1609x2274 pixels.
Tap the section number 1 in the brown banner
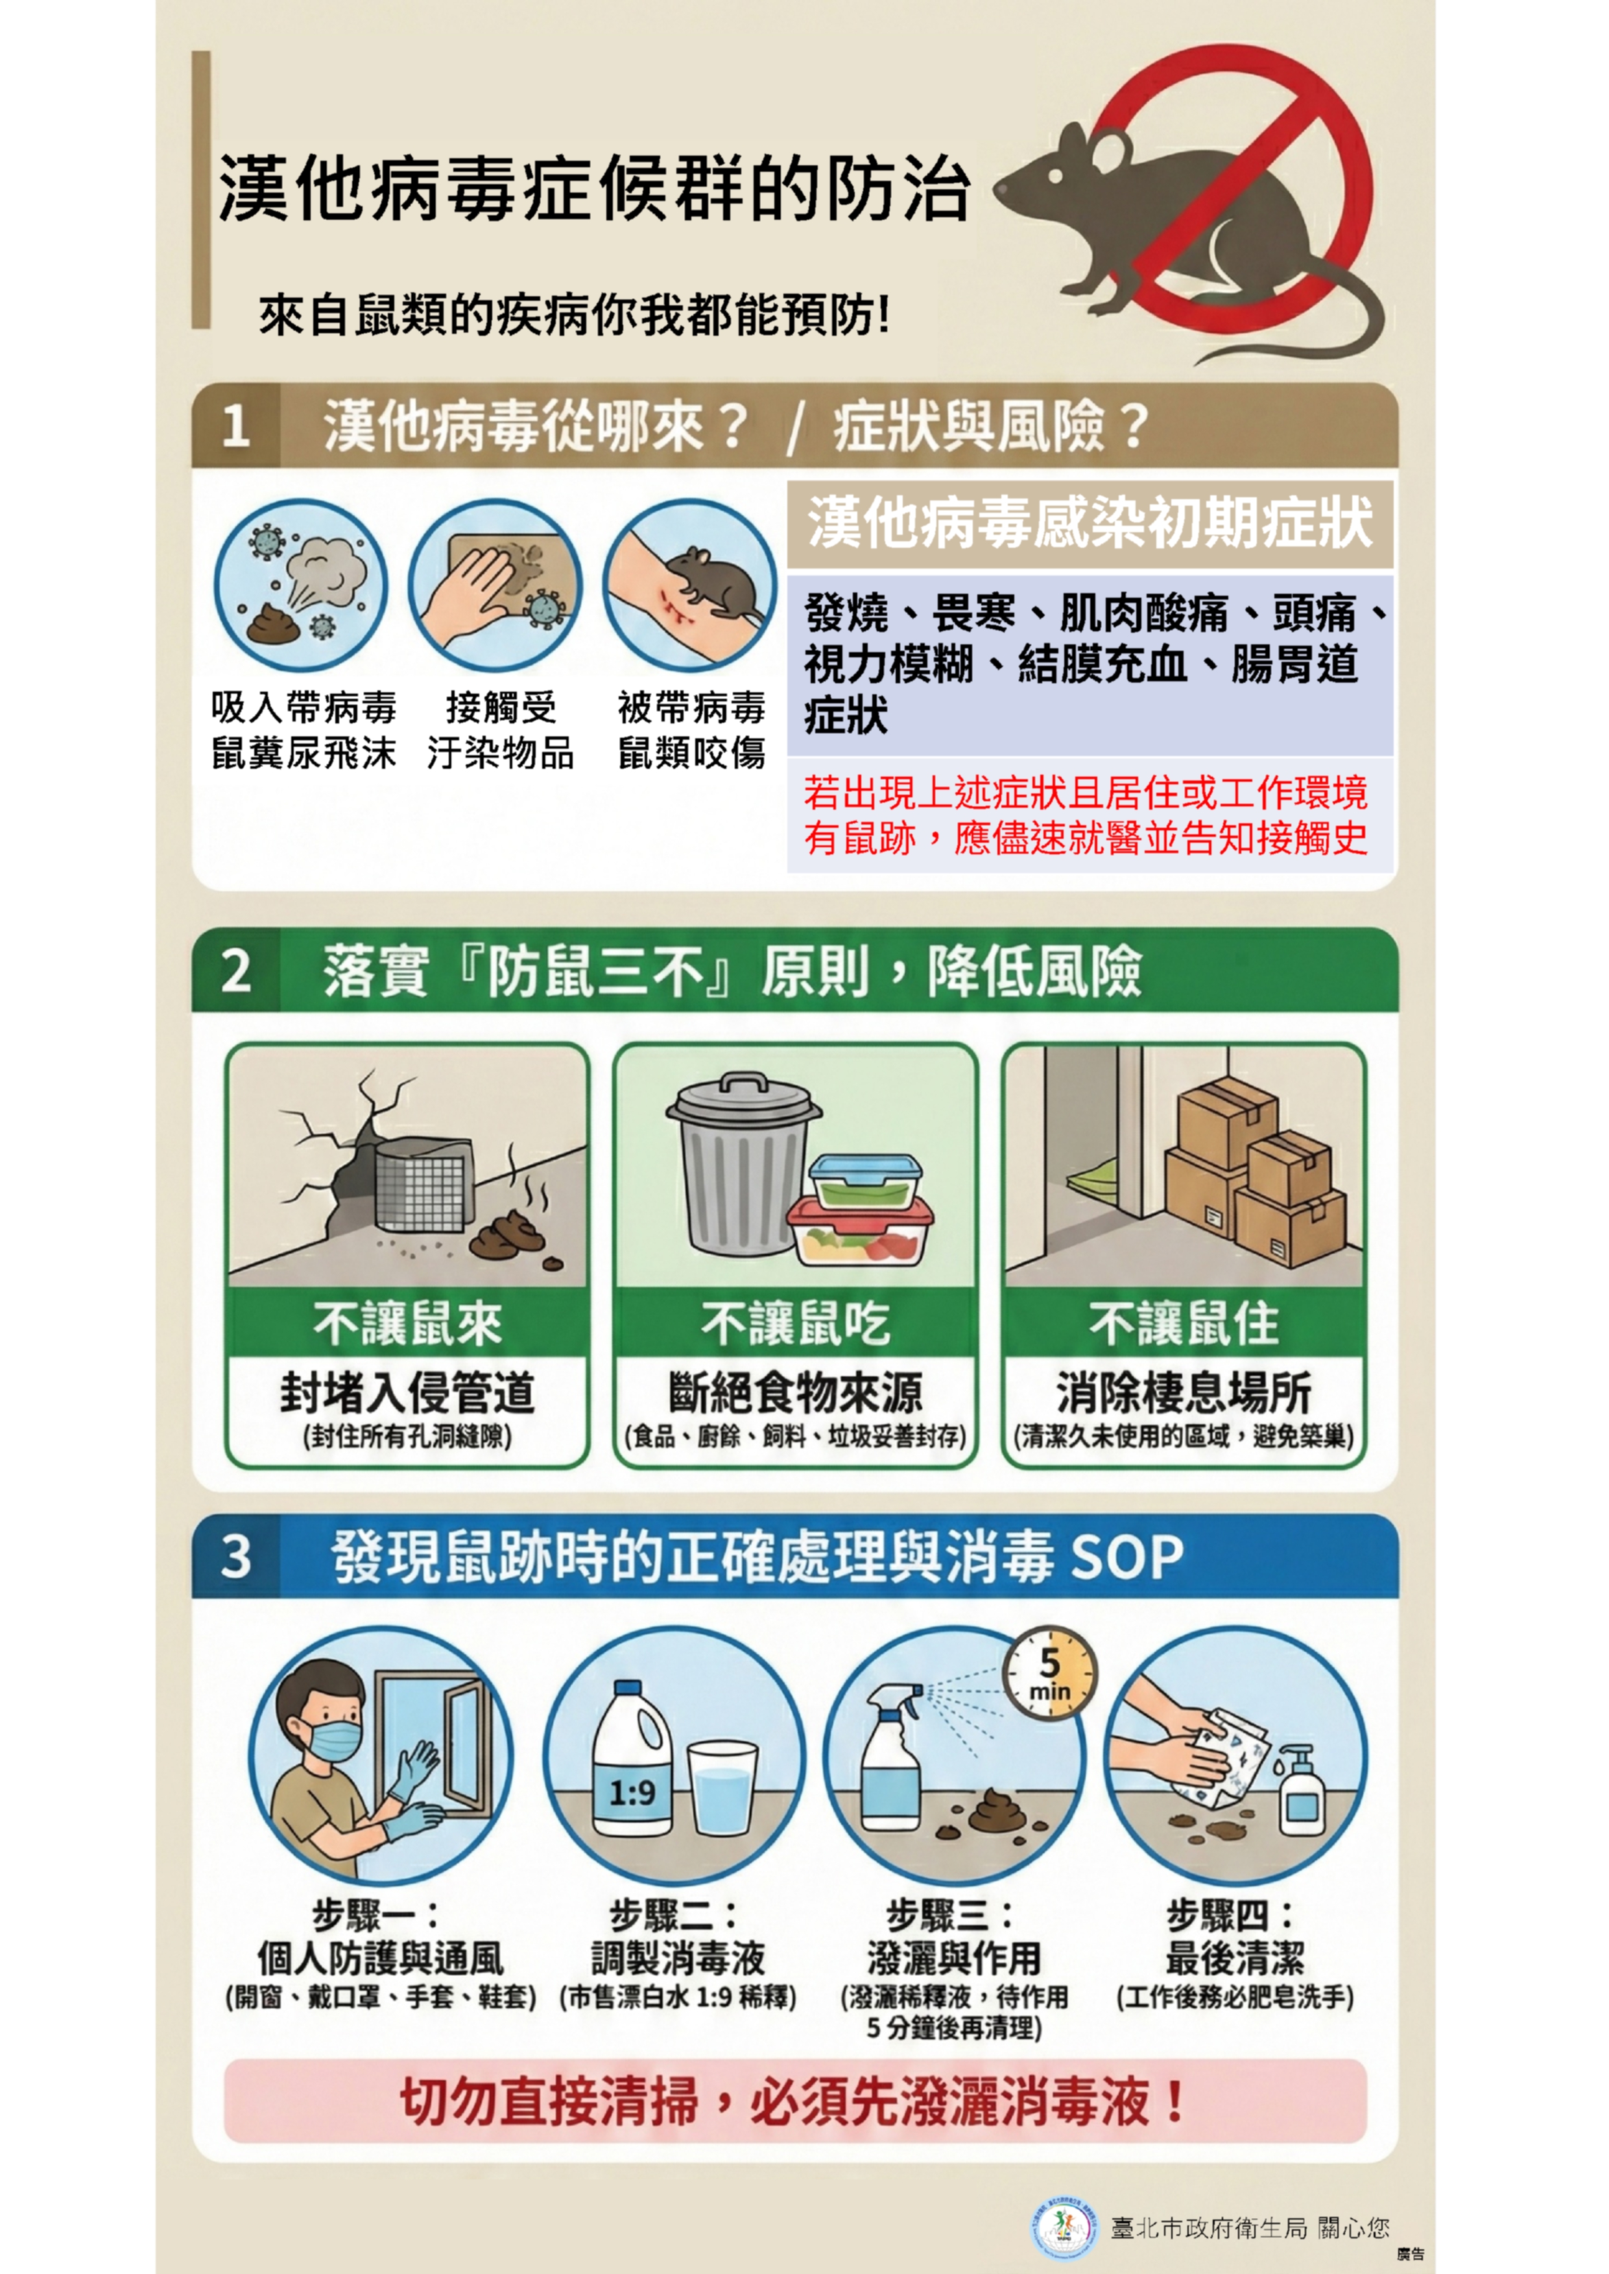(236, 426)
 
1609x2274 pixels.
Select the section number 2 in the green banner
(236, 970)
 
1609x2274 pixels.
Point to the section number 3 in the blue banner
(236, 1556)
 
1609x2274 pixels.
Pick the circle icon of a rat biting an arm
(691, 587)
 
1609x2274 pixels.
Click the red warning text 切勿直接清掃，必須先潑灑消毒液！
(794, 2102)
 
